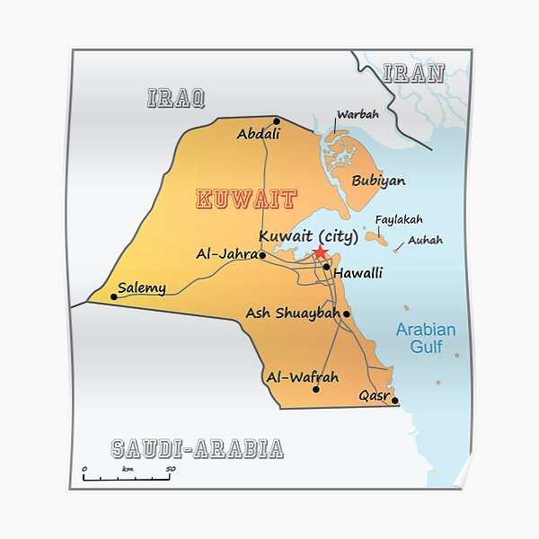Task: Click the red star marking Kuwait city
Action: pyautogui.click(x=319, y=253)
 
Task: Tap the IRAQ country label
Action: pyautogui.click(x=176, y=98)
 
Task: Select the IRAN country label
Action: pyautogui.click(x=414, y=74)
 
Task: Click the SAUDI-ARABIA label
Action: pyautogui.click(x=198, y=448)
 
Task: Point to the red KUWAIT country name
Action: pyautogui.click(x=246, y=199)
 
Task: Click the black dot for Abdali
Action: pyautogui.click(x=277, y=121)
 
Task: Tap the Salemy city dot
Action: pyautogui.click(x=113, y=296)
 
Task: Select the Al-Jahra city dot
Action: pyautogui.click(x=262, y=255)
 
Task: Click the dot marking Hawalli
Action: pyautogui.click(x=326, y=267)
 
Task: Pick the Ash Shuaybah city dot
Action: pyautogui.click(x=347, y=314)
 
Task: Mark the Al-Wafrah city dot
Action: pyautogui.click(x=315, y=390)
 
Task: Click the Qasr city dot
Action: pyautogui.click(x=394, y=402)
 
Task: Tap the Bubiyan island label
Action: pyautogui.click(x=378, y=181)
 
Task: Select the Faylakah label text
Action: pyautogui.click(x=398, y=219)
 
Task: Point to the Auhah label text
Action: pyautogui.click(x=425, y=240)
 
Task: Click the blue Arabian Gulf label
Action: pyautogui.click(x=426, y=338)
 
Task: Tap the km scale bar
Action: pyautogui.click(x=127, y=477)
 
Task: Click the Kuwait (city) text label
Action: pyautogui.click(x=308, y=237)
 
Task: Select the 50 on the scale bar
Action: pyautogui.click(x=170, y=469)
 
